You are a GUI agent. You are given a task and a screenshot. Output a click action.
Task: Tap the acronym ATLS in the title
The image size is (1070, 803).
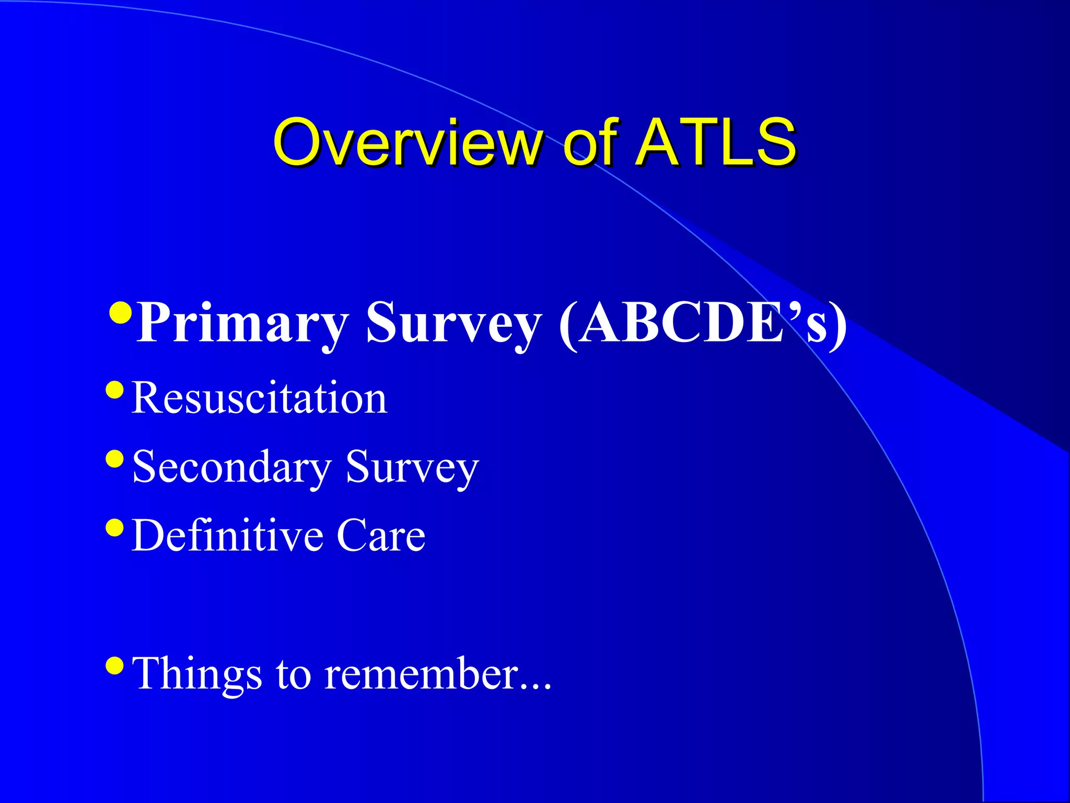[716, 142]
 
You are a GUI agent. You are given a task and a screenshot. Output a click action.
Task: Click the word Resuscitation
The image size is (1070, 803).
[260, 398]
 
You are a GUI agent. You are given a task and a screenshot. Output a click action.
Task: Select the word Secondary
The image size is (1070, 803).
[232, 467]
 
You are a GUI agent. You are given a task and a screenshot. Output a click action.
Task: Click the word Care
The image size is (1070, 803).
[381, 536]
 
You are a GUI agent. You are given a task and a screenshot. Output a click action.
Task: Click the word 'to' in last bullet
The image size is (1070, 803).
[293, 675]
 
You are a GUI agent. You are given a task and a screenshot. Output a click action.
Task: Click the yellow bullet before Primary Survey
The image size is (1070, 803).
[121, 313]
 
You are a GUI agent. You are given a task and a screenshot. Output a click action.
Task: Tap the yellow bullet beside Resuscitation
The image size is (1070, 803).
[114, 389]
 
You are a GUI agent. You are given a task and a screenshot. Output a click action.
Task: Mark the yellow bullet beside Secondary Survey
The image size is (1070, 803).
[114, 458]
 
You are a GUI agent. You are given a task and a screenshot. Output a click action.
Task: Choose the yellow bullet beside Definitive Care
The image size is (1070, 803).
[114, 527]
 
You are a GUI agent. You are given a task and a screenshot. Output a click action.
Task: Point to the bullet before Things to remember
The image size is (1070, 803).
[114, 666]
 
